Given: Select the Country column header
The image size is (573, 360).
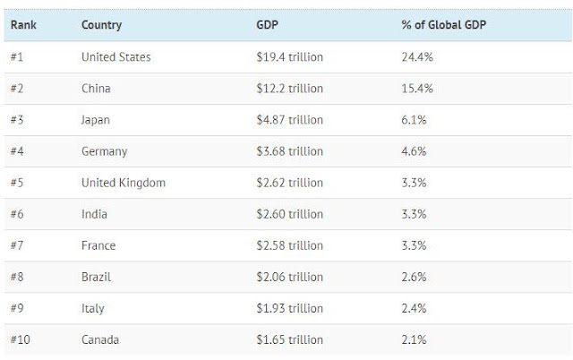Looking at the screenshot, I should (101, 25).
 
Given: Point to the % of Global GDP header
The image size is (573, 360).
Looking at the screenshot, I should (444, 25).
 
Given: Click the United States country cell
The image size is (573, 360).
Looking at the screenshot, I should (115, 57).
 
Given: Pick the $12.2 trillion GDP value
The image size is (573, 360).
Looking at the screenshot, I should (289, 89).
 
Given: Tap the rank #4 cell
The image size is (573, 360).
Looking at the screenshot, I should (19, 151).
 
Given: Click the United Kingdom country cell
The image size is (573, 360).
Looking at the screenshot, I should (123, 183).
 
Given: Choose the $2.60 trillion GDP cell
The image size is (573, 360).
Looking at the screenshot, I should (289, 214).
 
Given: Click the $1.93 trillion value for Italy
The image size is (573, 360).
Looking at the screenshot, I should (289, 308).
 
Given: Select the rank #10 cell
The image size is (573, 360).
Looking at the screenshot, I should (21, 339).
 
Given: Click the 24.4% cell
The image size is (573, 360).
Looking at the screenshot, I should (418, 57).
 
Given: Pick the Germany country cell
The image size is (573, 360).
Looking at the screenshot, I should (104, 151).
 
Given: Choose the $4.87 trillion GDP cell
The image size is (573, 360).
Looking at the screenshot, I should (289, 120).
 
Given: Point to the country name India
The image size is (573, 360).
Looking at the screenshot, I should (94, 214).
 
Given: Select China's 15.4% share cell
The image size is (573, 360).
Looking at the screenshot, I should (418, 89).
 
